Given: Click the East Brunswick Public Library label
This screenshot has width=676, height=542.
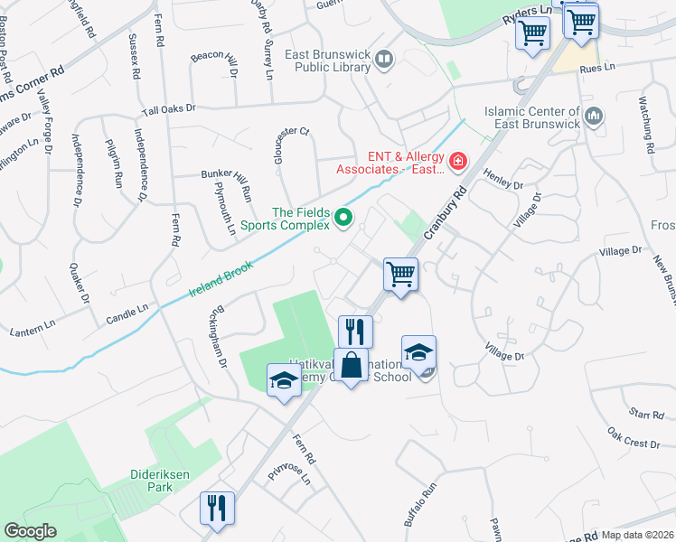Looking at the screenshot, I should pos(328,61).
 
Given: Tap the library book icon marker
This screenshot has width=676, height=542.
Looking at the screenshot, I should pos(385,61).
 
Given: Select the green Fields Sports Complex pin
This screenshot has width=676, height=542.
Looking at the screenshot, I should pos(343,217).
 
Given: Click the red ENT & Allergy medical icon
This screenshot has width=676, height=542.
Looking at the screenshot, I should pos(457,163).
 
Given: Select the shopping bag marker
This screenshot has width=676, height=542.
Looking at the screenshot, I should pos(352,367).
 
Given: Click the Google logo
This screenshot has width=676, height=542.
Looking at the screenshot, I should pos(32,531).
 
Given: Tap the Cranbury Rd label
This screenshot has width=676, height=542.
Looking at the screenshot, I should pos(447,210).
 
